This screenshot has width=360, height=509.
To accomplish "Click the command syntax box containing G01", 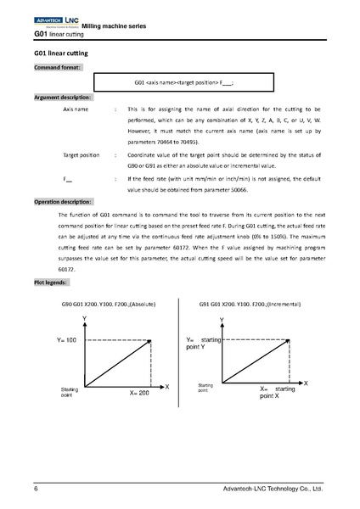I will click(183, 83).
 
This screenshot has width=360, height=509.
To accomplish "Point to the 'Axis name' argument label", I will click(76, 110).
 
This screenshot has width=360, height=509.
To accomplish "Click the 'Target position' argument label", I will click(82, 156).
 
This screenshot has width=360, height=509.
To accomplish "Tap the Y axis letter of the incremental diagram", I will click(222, 320).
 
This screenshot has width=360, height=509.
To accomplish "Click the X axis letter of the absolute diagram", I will click(166, 387).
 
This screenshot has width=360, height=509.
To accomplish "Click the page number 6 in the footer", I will click(36, 489).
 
